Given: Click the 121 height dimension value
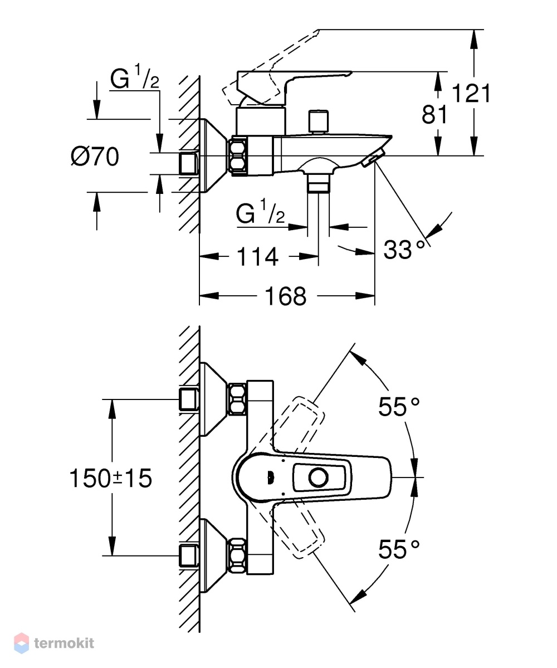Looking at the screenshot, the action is (471, 93).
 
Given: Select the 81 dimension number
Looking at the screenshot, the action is (434, 115).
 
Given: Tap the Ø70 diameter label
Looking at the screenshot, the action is (95, 157).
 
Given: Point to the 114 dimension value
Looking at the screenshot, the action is (257, 257).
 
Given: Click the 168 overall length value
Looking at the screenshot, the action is (285, 296).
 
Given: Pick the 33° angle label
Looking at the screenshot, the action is (404, 250).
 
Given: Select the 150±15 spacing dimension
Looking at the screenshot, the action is (110, 478).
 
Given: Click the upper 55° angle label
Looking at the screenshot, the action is (399, 406).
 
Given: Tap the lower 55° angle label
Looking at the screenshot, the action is (399, 549).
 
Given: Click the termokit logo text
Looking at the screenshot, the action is (64, 643).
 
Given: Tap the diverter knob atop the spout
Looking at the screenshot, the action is (319, 122).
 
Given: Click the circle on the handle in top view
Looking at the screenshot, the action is (319, 477).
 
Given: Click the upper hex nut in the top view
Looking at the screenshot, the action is (238, 399).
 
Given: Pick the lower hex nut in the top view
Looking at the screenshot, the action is (238, 555).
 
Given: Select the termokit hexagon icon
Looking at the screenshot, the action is (21, 643).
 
